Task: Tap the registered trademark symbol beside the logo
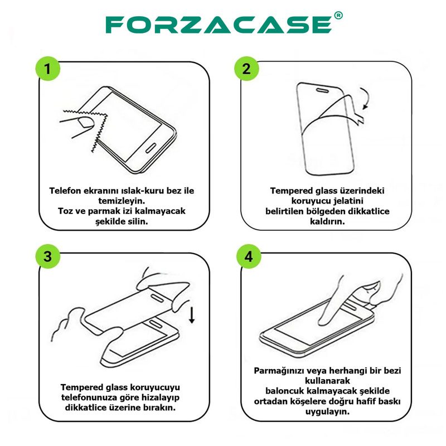click(338, 16)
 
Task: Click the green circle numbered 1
click(48, 69)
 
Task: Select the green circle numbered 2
click(246, 69)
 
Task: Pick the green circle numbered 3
click(48, 256)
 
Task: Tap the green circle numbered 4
click(249, 256)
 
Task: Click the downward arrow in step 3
click(192, 314)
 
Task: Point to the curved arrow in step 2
click(367, 98)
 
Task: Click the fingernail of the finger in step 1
click(86, 122)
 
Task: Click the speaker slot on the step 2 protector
click(323, 90)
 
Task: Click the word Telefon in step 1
click(65, 191)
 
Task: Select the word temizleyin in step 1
click(122, 201)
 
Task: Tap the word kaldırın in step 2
click(327, 221)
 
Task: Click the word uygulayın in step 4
click(327, 411)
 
